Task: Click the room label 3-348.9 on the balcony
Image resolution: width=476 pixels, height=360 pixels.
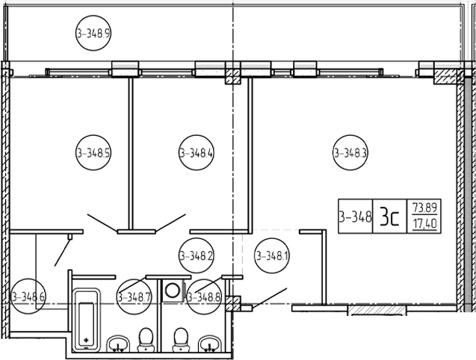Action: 93,33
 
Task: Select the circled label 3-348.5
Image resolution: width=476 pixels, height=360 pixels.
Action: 93,152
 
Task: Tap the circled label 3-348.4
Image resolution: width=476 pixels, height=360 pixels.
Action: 197,152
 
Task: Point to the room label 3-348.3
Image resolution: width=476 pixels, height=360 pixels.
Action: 350,152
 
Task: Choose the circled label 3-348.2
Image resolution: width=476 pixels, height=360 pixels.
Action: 197,256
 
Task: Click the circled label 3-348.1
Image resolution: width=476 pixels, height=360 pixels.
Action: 272,256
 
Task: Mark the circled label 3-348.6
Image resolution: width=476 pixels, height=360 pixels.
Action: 28,297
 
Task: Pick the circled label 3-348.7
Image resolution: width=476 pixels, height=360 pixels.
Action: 135,297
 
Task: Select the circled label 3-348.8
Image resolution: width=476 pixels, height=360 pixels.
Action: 204,297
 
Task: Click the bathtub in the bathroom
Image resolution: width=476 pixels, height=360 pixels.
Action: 87,319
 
